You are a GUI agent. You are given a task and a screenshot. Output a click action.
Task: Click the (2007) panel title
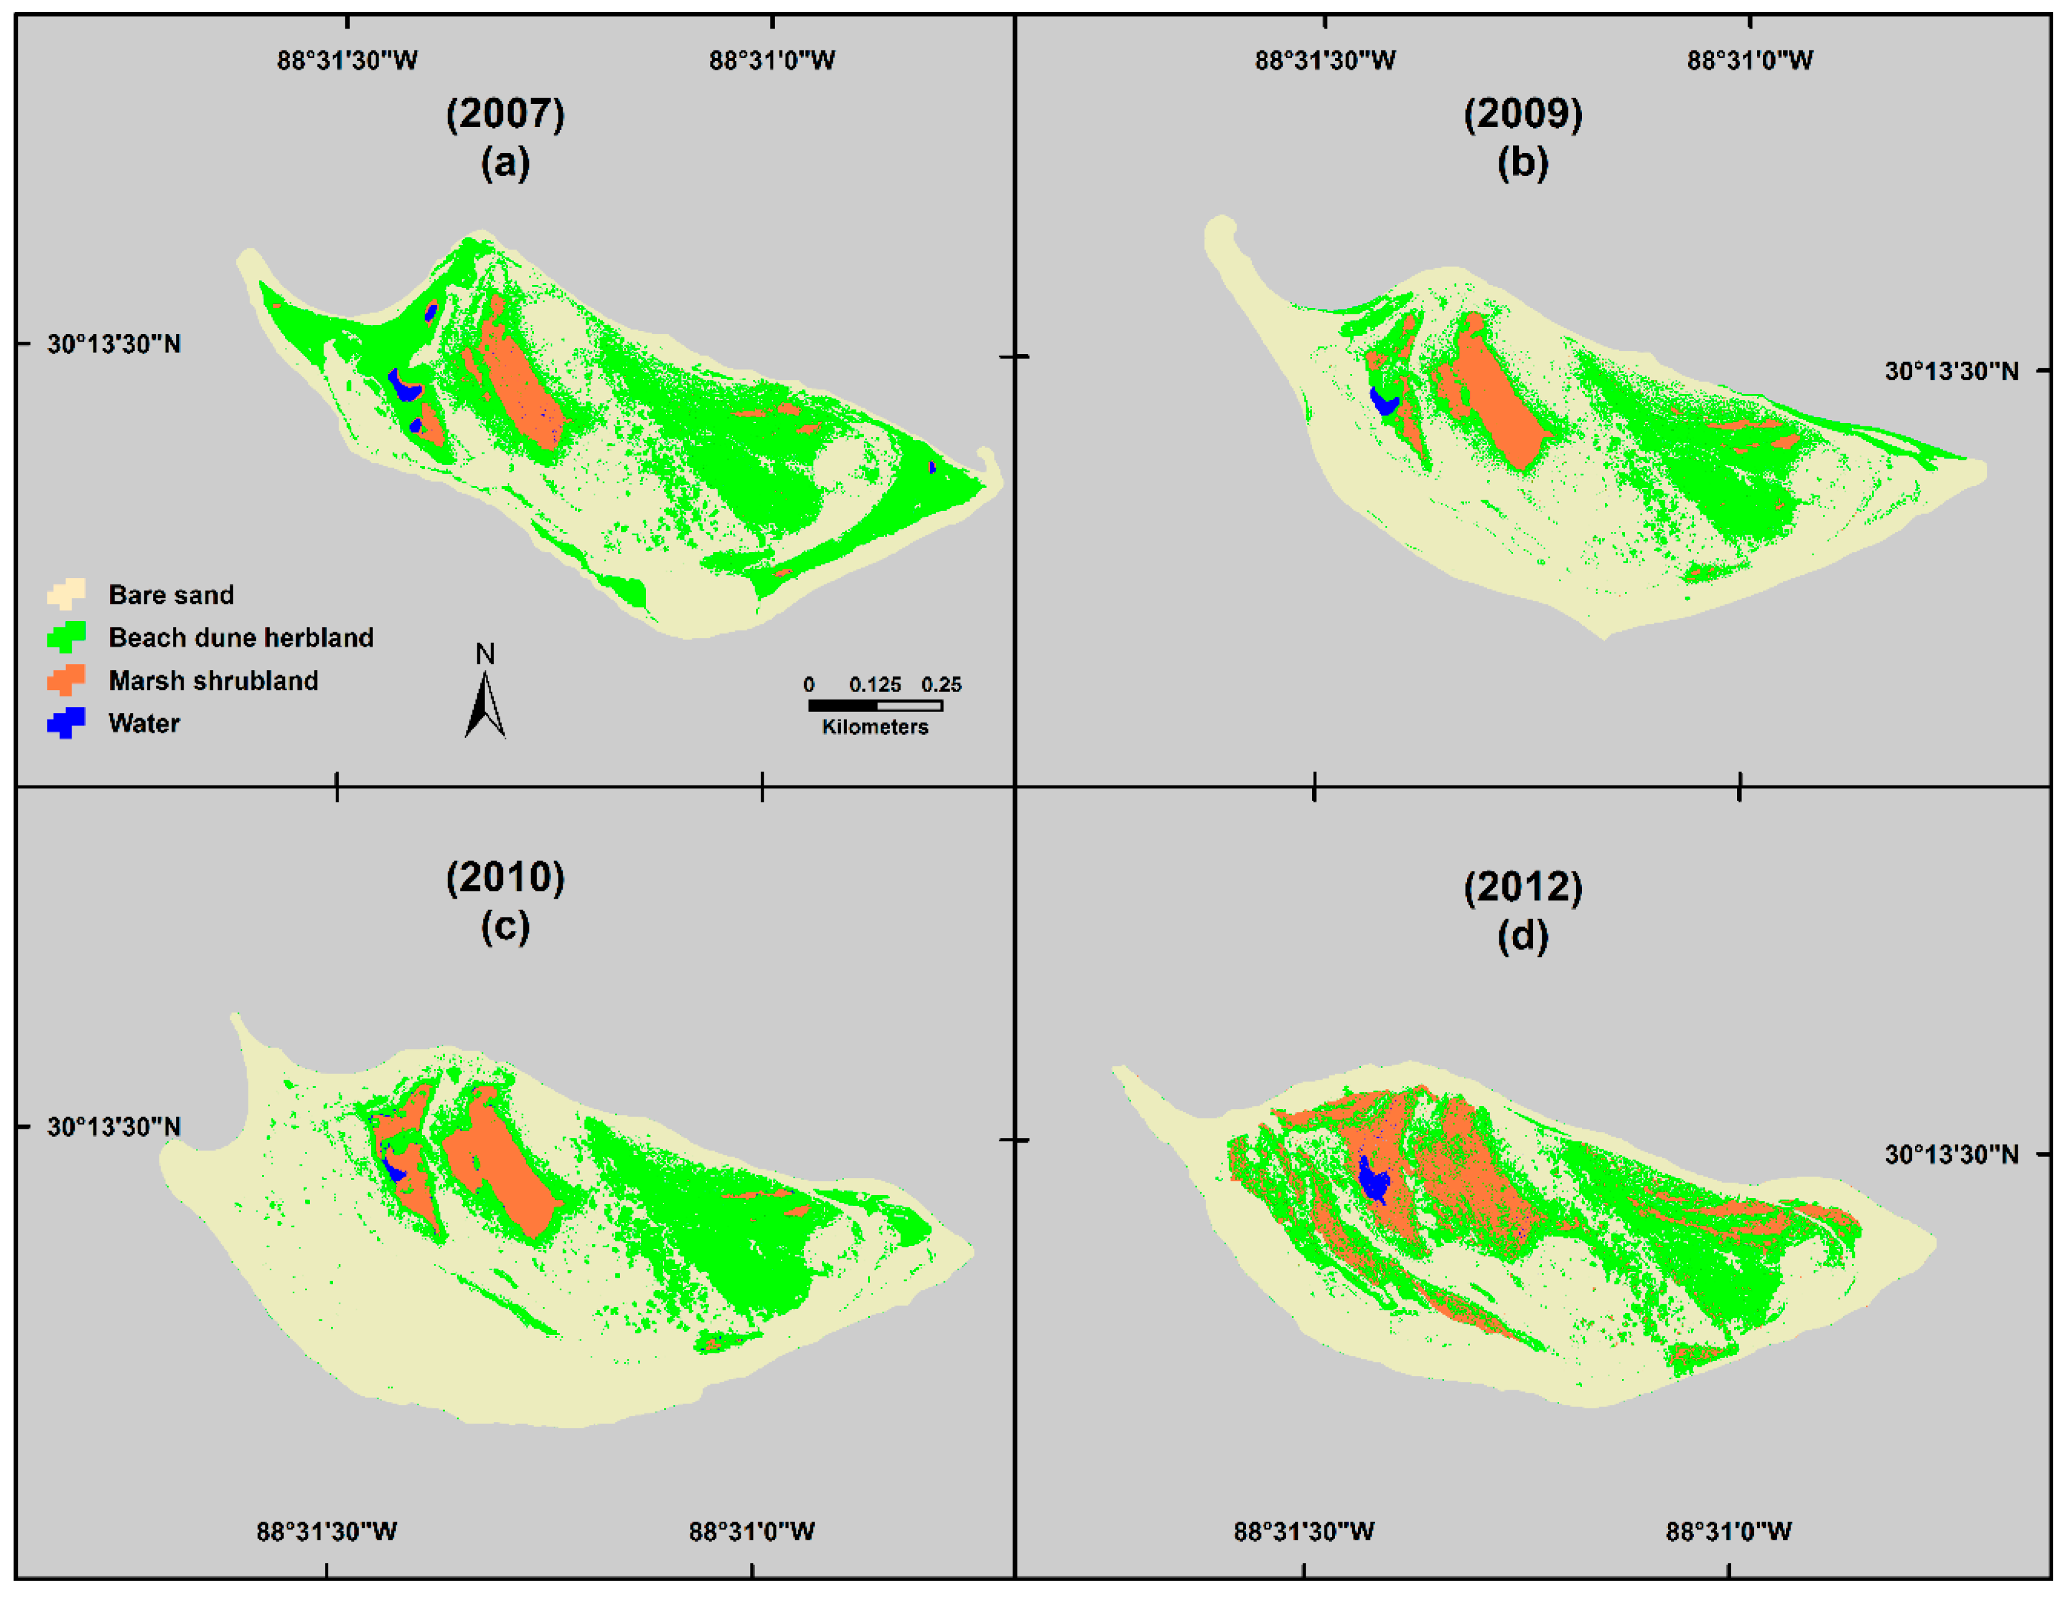[x=505, y=115]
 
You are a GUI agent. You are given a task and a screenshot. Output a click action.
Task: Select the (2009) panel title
[x=1522, y=115]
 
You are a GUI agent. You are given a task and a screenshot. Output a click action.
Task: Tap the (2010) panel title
[x=505, y=877]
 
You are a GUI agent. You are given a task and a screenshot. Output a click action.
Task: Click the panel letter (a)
[x=505, y=163]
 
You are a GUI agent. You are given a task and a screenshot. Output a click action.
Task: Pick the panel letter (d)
[x=1522, y=937]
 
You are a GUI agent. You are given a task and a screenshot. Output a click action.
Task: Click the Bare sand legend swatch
[x=67, y=594]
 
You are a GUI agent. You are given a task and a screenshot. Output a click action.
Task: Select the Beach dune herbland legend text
[x=241, y=638]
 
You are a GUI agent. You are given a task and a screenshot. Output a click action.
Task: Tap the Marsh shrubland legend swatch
[x=67, y=680]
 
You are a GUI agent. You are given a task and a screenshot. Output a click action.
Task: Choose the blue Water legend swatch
[x=67, y=723]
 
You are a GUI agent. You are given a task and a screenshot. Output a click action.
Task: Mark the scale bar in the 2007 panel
[x=875, y=705]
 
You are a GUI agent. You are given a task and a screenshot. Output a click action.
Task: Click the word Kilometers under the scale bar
[x=875, y=727]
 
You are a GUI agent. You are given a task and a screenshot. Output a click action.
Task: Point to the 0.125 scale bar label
[x=875, y=685]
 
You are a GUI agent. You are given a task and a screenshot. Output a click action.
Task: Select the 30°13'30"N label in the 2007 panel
[x=114, y=344]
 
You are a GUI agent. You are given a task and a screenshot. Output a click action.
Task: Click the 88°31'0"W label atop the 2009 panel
[x=1749, y=60]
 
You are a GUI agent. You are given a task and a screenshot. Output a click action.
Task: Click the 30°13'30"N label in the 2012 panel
[x=1951, y=1154]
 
